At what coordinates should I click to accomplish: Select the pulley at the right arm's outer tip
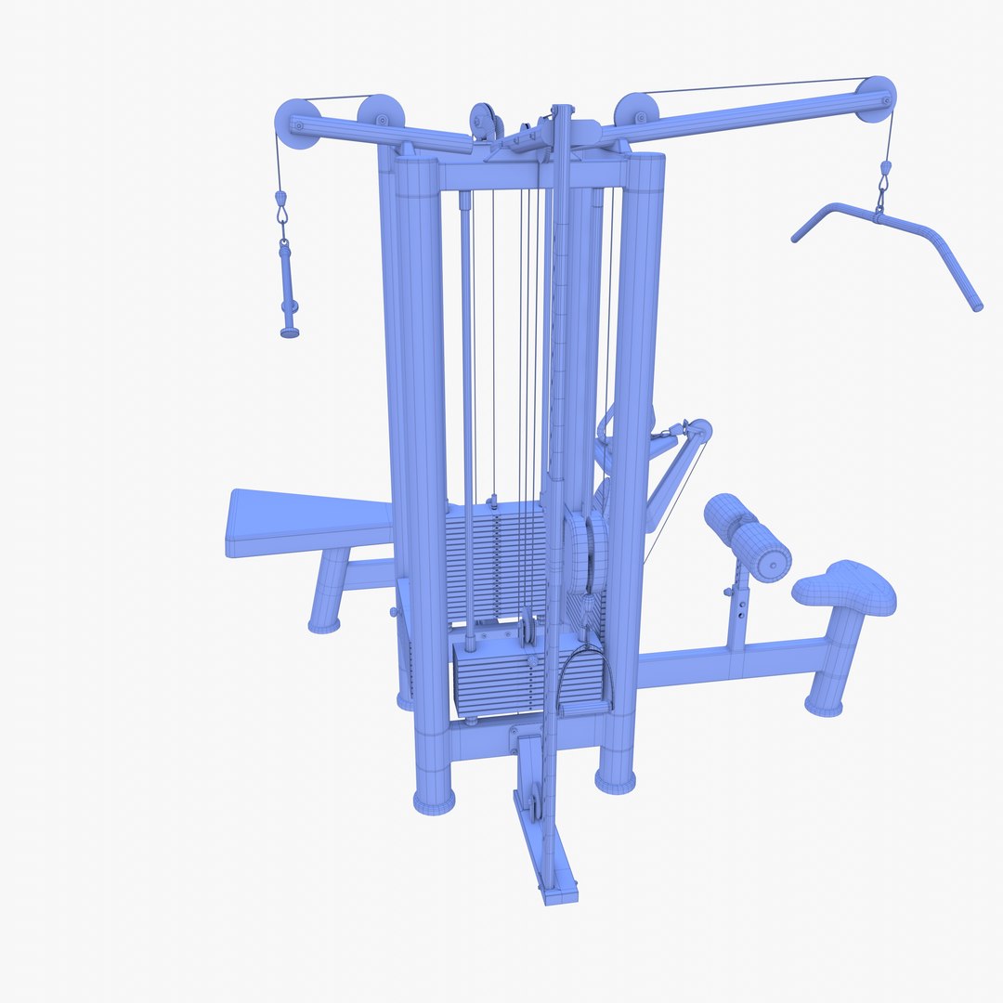point(875,99)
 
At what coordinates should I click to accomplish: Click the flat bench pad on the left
point(306,525)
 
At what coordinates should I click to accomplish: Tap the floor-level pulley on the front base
point(534,799)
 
